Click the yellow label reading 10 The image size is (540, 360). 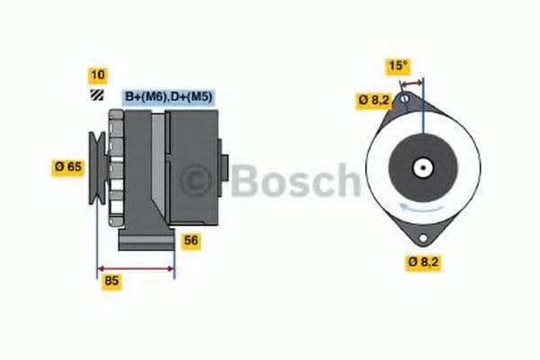point(96,74)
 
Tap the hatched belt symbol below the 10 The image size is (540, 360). point(95,96)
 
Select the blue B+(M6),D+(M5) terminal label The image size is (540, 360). point(167,96)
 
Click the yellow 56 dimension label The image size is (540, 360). point(191,240)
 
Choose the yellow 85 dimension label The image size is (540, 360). point(112,281)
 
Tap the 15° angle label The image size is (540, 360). point(398,66)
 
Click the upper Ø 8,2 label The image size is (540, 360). point(373,100)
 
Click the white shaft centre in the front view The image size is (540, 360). point(421,167)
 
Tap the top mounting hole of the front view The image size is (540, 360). point(406,98)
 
